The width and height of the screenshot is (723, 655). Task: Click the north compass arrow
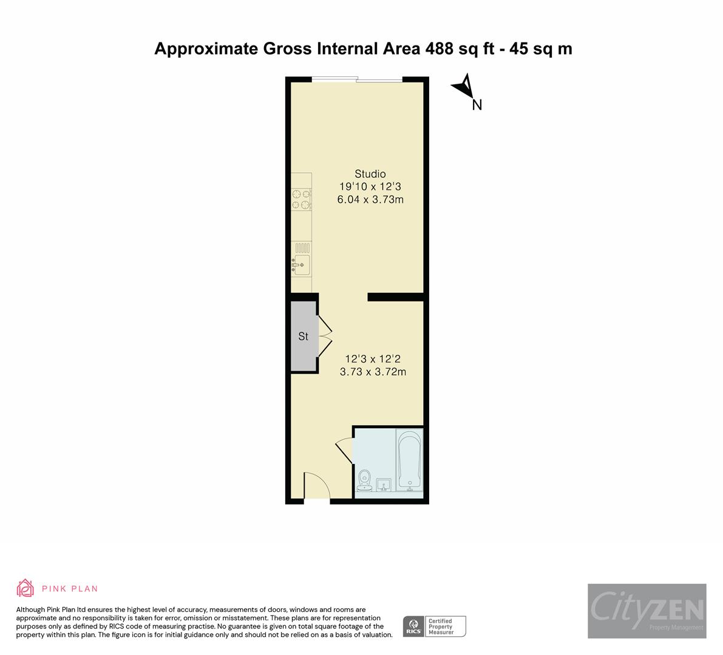464,87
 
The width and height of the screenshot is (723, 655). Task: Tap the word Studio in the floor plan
370,174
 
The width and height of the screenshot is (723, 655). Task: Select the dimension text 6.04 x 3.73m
370,200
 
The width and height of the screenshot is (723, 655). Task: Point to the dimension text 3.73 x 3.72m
373,372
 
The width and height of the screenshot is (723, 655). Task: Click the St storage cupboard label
303,336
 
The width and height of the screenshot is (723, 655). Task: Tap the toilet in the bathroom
365,479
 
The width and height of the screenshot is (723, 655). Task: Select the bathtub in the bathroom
410,460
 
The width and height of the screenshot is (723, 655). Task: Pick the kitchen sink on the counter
302,265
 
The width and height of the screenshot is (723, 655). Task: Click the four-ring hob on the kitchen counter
301,200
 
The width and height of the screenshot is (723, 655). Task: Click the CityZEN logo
647,611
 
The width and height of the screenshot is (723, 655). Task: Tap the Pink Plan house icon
25,588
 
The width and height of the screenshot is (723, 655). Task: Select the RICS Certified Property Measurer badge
435,626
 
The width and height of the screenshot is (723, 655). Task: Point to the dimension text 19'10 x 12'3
370,187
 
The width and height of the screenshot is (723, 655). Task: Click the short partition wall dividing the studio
395,297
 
